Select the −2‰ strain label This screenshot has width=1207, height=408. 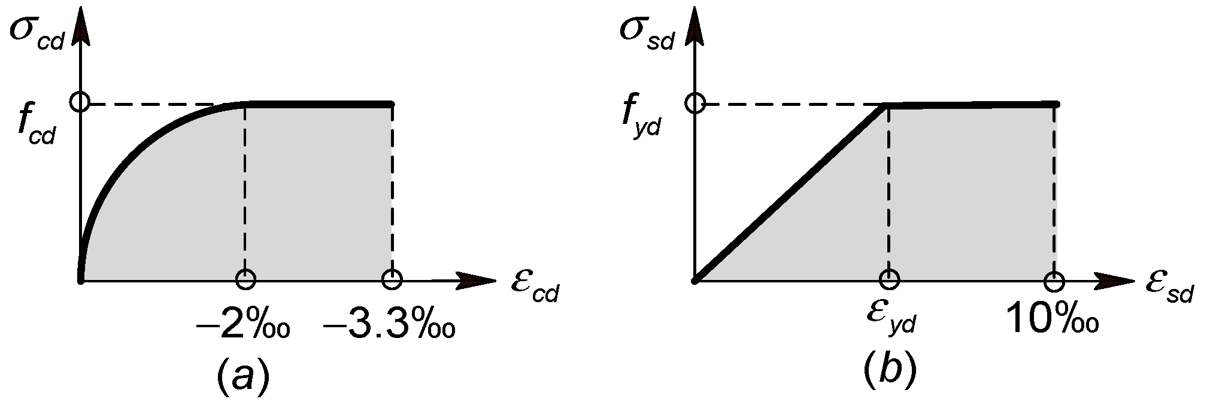[x=242, y=326]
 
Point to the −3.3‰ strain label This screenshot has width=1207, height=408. [x=389, y=326]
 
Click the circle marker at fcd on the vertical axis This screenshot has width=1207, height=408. [x=80, y=102]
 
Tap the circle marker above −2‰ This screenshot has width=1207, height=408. [x=245, y=279]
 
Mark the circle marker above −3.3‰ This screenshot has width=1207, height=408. [x=392, y=279]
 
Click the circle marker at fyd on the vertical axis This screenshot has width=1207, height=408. [x=695, y=103]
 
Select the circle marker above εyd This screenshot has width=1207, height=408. [x=889, y=279]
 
